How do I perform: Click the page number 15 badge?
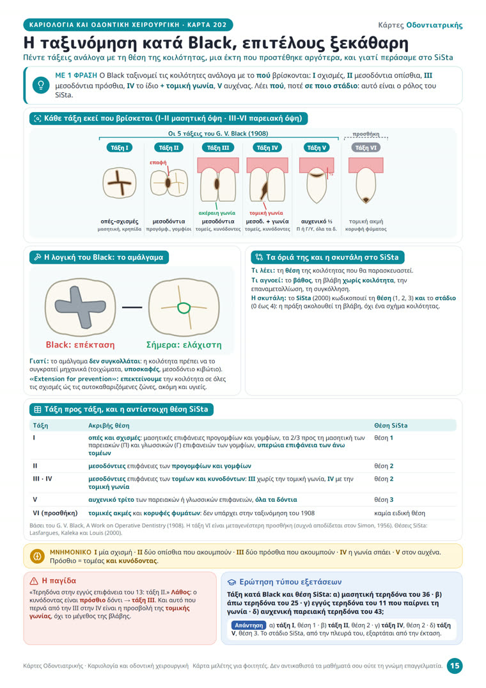point(455,666)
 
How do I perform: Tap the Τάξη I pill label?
point(119,148)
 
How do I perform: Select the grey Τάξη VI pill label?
point(366,148)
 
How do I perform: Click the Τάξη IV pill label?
point(267,148)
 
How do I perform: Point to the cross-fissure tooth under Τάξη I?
point(119,183)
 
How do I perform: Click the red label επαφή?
point(158,163)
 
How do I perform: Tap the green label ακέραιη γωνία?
point(217,213)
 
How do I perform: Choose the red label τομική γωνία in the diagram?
point(267,213)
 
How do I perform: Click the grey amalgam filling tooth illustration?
point(80,307)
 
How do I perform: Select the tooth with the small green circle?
point(184,307)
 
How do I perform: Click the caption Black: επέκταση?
point(80,345)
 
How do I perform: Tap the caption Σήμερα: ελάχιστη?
point(184,345)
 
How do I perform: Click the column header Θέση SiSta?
point(391,425)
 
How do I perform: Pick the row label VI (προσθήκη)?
point(55,513)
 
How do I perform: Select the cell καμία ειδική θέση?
point(400,513)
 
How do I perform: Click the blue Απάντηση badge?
point(249,625)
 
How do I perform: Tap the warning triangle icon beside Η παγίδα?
point(34,581)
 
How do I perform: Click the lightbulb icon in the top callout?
point(41,85)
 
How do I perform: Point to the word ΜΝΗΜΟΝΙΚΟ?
point(70,552)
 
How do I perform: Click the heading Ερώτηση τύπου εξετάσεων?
point(290,582)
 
